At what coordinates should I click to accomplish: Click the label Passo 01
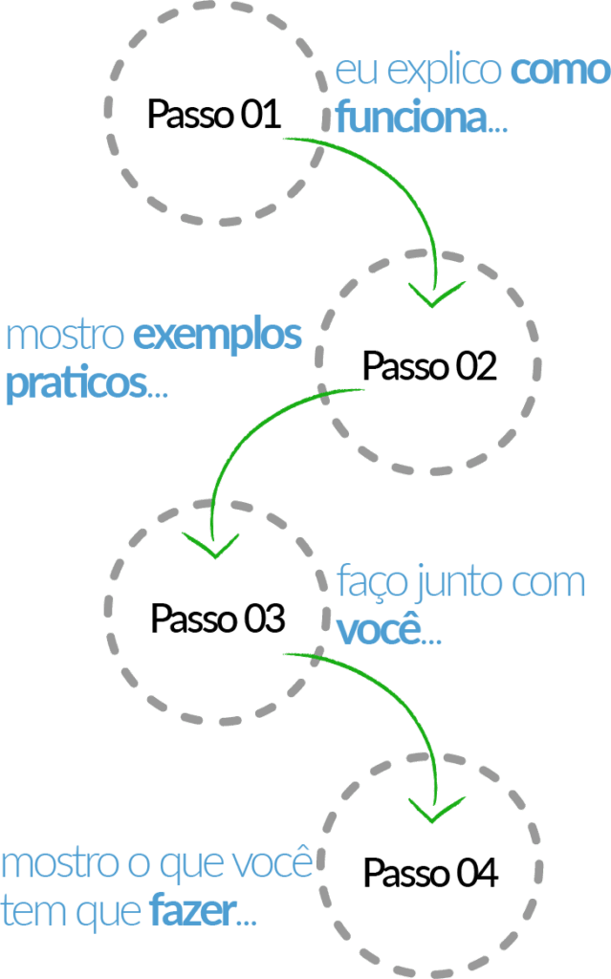(x=213, y=115)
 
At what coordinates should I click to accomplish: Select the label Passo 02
(x=430, y=366)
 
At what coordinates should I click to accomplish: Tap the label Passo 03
(x=218, y=619)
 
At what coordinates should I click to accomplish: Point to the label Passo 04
(x=431, y=873)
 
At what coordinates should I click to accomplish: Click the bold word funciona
(x=412, y=117)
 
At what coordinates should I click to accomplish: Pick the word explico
(x=445, y=72)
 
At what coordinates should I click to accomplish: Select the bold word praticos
(x=76, y=384)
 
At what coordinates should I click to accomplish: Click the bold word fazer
(x=194, y=911)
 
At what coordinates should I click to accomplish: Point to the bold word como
(x=559, y=72)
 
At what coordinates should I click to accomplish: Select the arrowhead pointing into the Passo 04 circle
(x=436, y=810)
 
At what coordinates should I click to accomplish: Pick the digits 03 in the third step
(x=264, y=619)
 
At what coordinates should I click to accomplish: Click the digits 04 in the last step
(x=477, y=873)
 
